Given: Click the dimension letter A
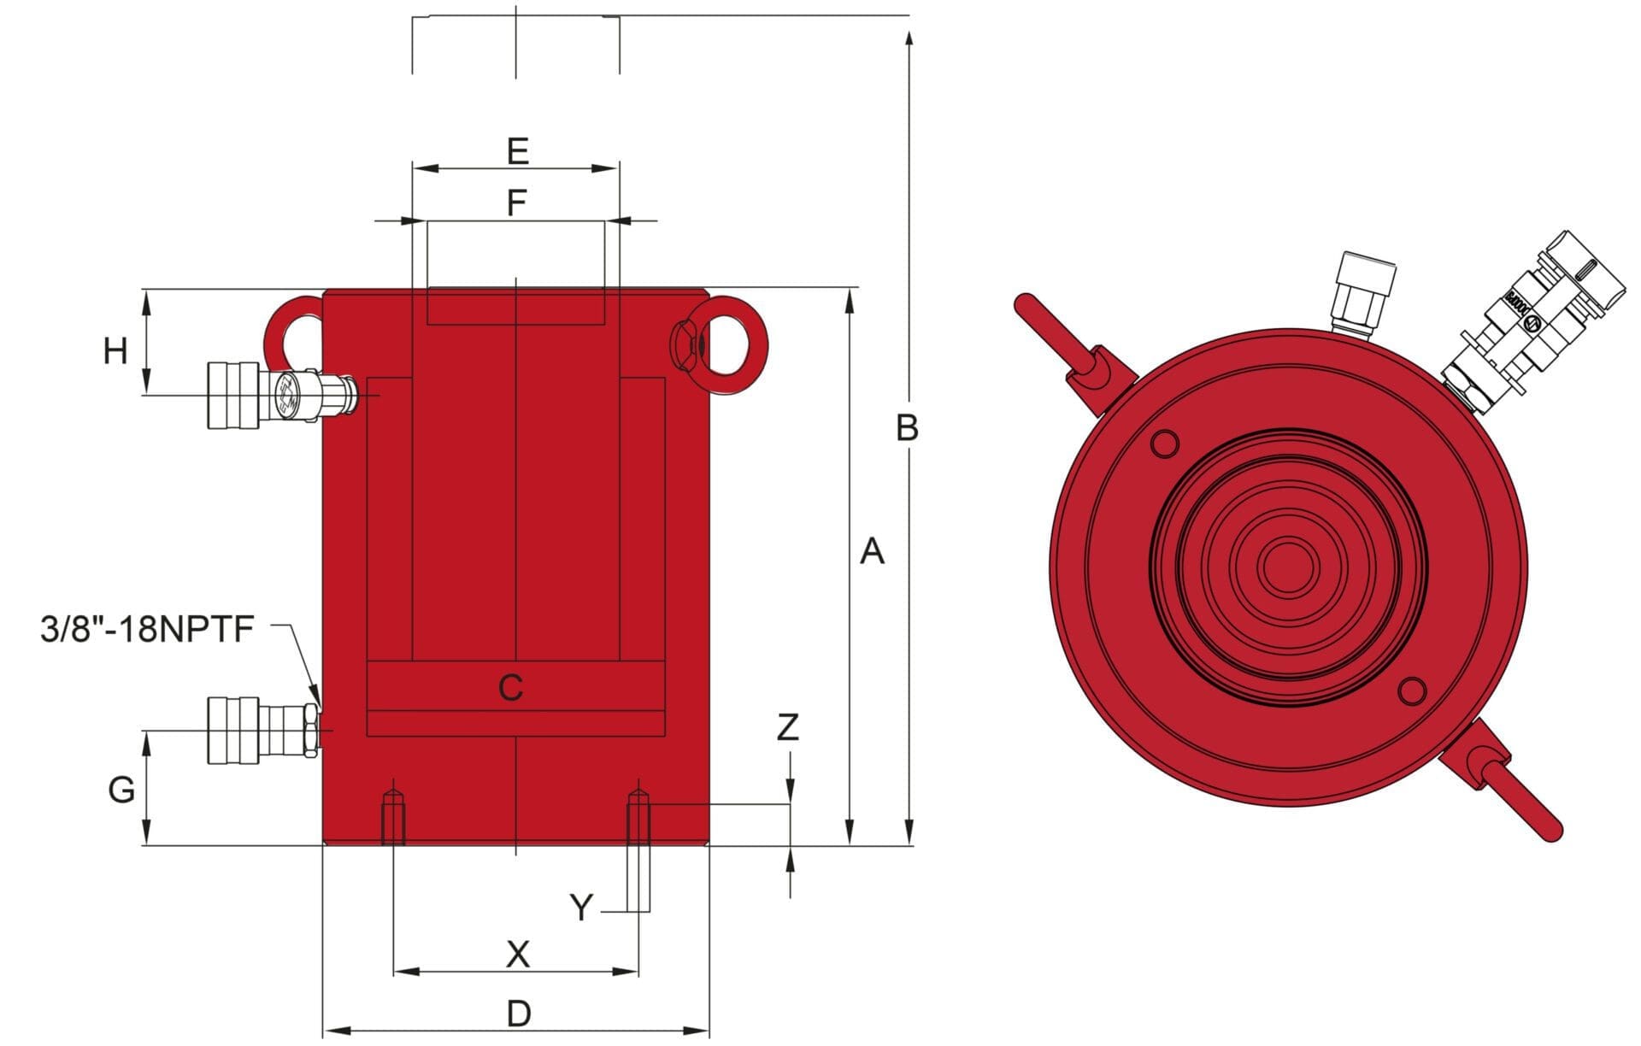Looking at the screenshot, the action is click(x=871, y=552).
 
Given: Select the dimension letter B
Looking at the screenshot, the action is click(x=907, y=427).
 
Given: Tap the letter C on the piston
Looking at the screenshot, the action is click(x=510, y=687).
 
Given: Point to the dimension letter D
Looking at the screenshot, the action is click(x=519, y=1014).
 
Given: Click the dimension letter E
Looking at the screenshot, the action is click(x=517, y=151).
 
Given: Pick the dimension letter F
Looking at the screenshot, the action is click(x=516, y=203).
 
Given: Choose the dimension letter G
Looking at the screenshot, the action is click(x=121, y=790).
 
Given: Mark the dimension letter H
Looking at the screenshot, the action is click(x=115, y=351).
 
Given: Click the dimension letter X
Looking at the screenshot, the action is click(x=518, y=954).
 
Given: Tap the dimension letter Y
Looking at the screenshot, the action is click(x=581, y=908).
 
